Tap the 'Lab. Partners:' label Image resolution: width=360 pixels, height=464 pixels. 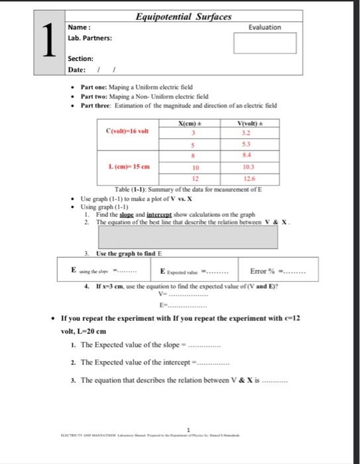[x=90, y=38]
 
